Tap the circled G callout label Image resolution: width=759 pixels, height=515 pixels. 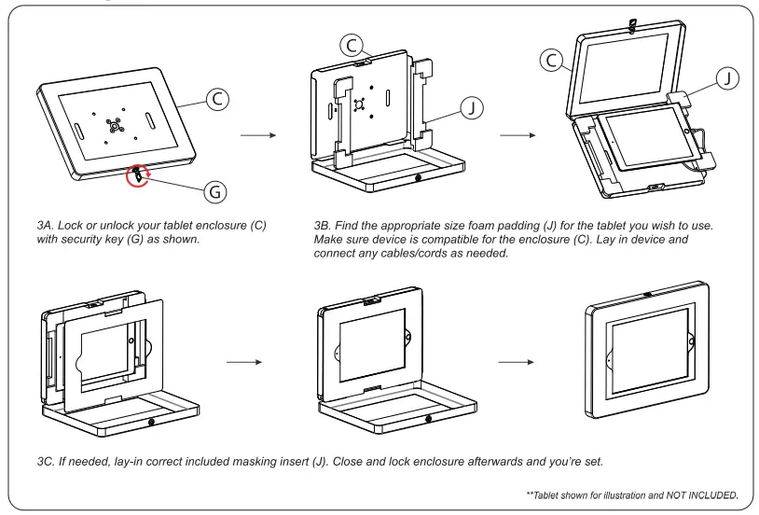click(x=215, y=191)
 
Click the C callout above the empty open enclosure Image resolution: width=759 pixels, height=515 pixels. click(x=352, y=44)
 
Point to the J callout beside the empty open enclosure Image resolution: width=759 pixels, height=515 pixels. click(x=472, y=108)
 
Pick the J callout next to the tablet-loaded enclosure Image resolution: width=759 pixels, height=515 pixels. click(x=727, y=78)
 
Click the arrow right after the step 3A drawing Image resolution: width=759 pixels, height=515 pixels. click(x=258, y=135)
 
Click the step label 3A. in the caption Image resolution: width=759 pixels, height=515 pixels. click(x=47, y=227)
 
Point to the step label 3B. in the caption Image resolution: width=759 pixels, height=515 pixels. click(x=325, y=227)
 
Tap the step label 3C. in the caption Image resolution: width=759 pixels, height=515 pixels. click(x=48, y=462)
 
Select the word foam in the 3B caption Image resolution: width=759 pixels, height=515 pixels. click(x=491, y=227)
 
